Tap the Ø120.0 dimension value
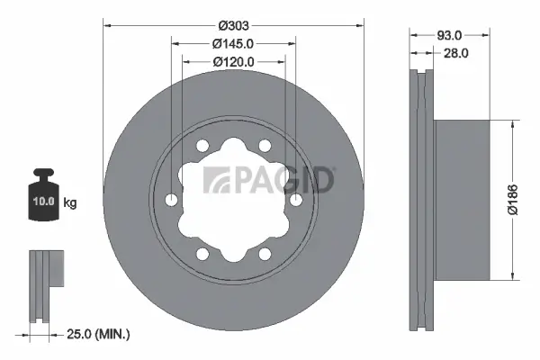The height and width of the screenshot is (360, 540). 234,61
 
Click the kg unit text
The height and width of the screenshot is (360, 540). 70,203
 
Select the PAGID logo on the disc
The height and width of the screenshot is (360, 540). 270,179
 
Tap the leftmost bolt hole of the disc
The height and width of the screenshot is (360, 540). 171,200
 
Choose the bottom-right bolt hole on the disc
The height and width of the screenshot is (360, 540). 264,254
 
